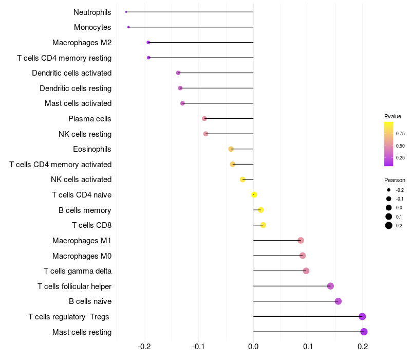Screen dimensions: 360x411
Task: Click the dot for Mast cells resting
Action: [x=364, y=332]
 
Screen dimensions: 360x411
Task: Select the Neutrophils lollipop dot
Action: [x=126, y=12]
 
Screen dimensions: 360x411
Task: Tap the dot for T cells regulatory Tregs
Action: [x=362, y=317]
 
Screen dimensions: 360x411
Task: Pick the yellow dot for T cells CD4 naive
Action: [x=254, y=195]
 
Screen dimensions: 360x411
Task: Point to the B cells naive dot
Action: [x=338, y=301]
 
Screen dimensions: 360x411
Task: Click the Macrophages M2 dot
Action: [x=148, y=42]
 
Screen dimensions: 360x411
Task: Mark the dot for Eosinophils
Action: [x=231, y=149]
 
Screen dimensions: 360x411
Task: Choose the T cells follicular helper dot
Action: [x=330, y=286]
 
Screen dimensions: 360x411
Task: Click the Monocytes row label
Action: [x=92, y=27]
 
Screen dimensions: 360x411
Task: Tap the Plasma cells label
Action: [x=90, y=119]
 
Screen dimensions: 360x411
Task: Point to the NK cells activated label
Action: [x=81, y=179]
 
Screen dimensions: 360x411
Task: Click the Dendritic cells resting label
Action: [x=76, y=88]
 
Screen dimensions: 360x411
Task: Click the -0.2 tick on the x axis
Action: [x=144, y=347]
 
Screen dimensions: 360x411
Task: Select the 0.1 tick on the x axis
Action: [x=308, y=347]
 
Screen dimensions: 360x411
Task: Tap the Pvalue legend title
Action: [x=393, y=116]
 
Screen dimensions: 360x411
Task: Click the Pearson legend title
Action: [x=395, y=181]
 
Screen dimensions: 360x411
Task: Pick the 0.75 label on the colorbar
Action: [x=400, y=134]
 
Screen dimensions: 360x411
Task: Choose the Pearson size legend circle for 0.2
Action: [x=389, y=225]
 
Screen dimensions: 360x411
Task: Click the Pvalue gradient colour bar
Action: [x=388, y=144]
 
